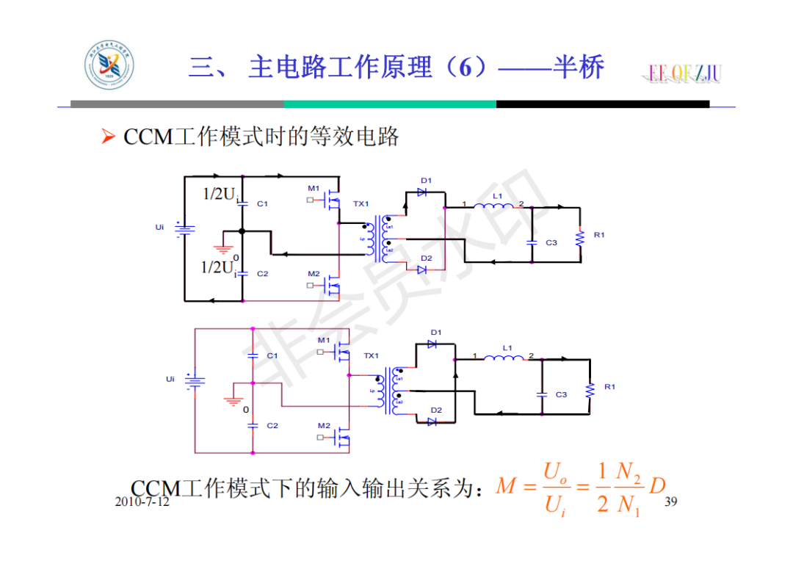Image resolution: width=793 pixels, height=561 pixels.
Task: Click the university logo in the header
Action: pos(109,68)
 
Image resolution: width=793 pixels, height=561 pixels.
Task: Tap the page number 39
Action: pos(670,502)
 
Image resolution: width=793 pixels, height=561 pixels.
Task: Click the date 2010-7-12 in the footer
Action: pos(142,502)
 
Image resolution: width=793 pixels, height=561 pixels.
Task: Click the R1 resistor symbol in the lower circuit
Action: pos(589,390)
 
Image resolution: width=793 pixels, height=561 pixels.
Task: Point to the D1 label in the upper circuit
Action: pos(426,181)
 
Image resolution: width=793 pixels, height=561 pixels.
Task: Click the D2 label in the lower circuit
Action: pos(436,410)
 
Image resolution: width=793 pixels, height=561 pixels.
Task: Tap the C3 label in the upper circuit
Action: pos(551,242)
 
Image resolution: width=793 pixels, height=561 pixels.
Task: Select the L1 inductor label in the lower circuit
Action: pos(508,347)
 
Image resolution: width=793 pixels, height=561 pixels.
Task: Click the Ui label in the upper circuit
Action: pos(159,228)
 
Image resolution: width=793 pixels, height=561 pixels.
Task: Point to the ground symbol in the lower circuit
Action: pos(233,401)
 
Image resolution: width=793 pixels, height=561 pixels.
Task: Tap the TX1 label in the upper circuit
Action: pos(361,203)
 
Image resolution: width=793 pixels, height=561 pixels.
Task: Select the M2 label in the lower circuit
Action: pos(324,425)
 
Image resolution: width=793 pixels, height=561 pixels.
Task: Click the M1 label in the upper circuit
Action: pos(314,188)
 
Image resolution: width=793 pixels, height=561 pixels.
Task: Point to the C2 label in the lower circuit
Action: pos(272,425)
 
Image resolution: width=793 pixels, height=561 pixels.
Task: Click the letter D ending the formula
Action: pos(657,486)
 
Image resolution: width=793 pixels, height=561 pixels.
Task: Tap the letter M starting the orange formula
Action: pos(506,486)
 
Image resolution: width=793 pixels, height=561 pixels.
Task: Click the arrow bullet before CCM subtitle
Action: pos(108,137)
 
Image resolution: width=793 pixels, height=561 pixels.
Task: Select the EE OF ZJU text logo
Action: pos(684,73)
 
